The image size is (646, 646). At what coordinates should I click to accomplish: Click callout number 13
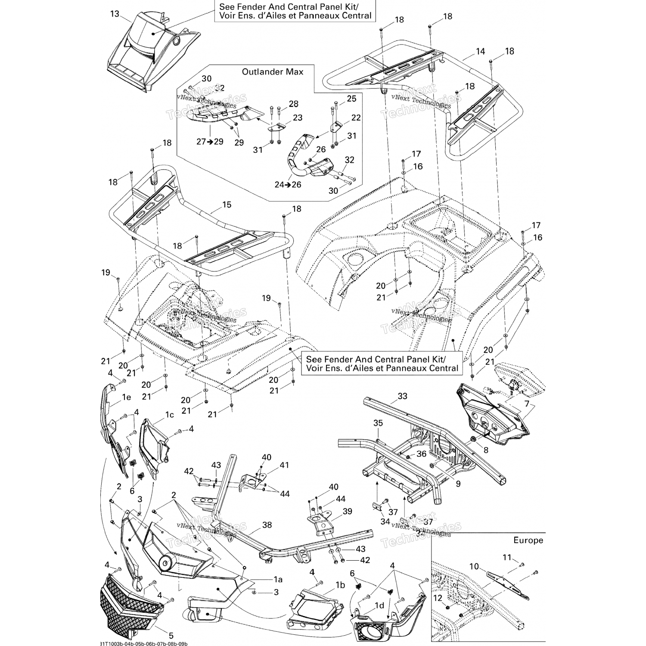tap(114, 14)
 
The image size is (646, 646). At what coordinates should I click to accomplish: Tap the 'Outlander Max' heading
tap(272, 71)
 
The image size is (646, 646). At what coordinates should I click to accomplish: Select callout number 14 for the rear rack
tap(480, 51)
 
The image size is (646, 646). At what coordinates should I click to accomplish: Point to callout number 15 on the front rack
tap(227, 205)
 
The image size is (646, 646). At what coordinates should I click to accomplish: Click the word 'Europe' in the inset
tap(528, 540)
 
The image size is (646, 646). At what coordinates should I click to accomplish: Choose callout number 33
tap(402, 396)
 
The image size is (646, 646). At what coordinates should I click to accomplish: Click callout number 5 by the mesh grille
tap(171, 636)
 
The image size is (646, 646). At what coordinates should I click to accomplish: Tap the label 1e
tap(126, 398)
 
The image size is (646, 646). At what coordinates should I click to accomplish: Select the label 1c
tap(169, 415)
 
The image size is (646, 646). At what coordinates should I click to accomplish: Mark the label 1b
tap(340, 585)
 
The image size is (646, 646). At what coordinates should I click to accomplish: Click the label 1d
tap(379, 606)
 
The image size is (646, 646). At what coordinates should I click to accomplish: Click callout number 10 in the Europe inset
tap(474, 566)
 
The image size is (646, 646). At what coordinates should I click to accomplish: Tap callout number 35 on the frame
tap(378, 423)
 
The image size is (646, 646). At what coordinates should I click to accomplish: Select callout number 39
tap(347, 511)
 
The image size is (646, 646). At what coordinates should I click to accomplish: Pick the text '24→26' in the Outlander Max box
tap(288, 185)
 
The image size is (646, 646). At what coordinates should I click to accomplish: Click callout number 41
tap(284, 465)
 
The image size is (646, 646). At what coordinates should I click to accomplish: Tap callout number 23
tap(298, 118)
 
